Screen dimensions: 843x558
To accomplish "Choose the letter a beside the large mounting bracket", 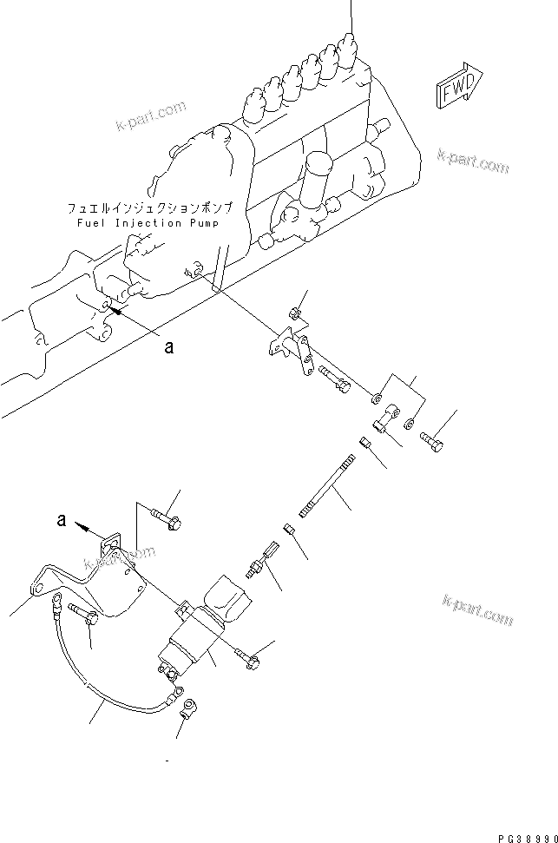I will point(60,521).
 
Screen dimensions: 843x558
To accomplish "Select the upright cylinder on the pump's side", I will point(321,174).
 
